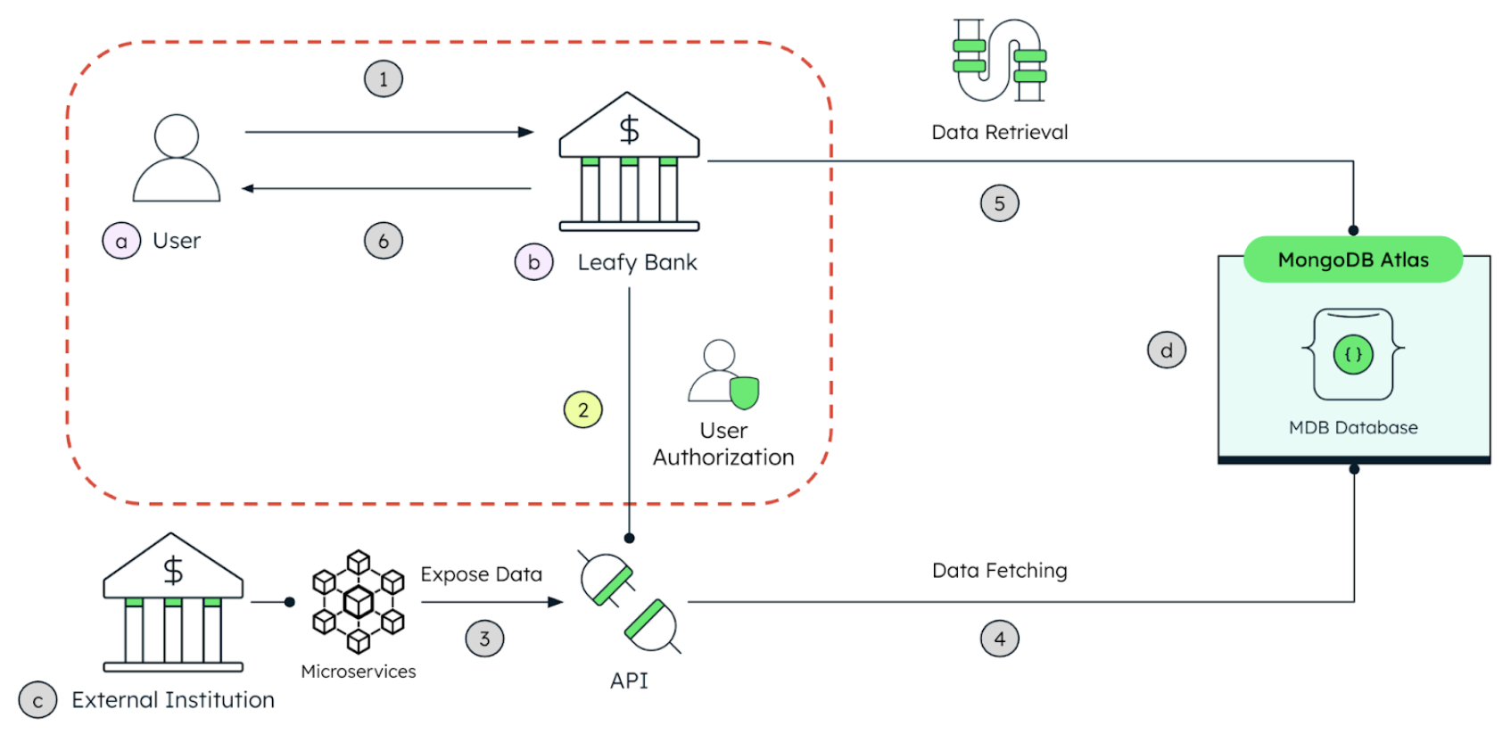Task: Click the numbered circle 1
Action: (384, 78)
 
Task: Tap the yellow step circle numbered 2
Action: (583, 410)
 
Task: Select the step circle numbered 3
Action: (484, 639)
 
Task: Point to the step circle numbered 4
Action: (1000, 639)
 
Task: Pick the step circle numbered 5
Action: (1000, 203)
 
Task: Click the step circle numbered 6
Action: (384, 241)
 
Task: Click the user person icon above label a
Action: (177, 159)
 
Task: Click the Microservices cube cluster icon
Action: (359, 602)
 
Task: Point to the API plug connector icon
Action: (629, 602)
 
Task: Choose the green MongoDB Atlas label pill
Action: (1353, 260)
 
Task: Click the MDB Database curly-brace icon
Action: (1353, 354)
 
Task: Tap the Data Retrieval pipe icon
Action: (1000, 61)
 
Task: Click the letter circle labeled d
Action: (1167, 350)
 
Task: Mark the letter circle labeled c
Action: (37, 701)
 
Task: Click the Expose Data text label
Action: (482, 574)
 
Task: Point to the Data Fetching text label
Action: (1000, 571)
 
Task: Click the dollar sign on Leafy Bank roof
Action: (630, 130)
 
